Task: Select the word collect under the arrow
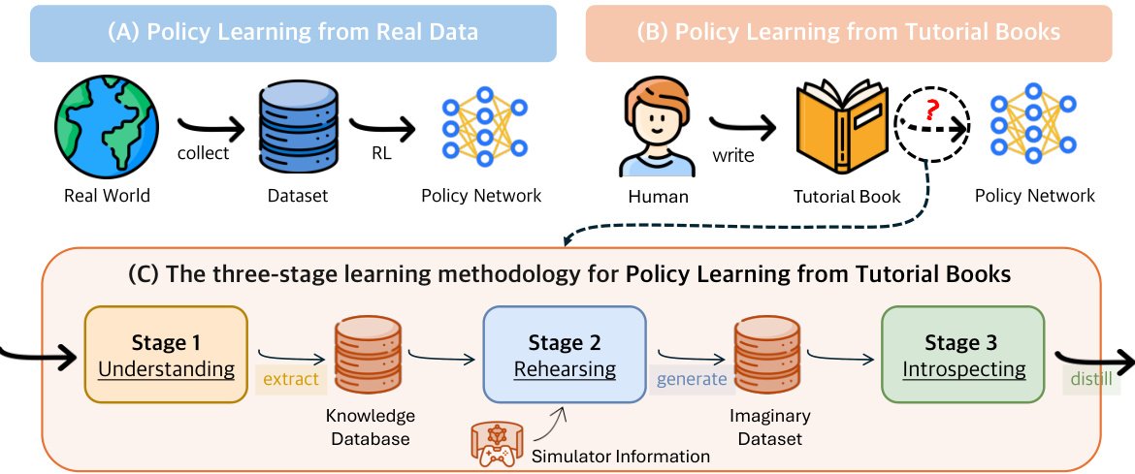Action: [x=204, y=153]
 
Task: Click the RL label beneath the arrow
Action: [x=381, y=153]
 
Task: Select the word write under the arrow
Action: [x=733, y=155]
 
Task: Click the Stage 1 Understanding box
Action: [x=167, y=355]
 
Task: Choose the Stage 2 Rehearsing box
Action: [x=565, y=355]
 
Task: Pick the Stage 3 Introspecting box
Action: [x=963, y=355]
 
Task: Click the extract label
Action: [x=291, y=379]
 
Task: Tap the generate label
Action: [x=692, y=379]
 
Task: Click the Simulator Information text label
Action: [x=621, y=456]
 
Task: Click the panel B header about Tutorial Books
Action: [x=848, y=32]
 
